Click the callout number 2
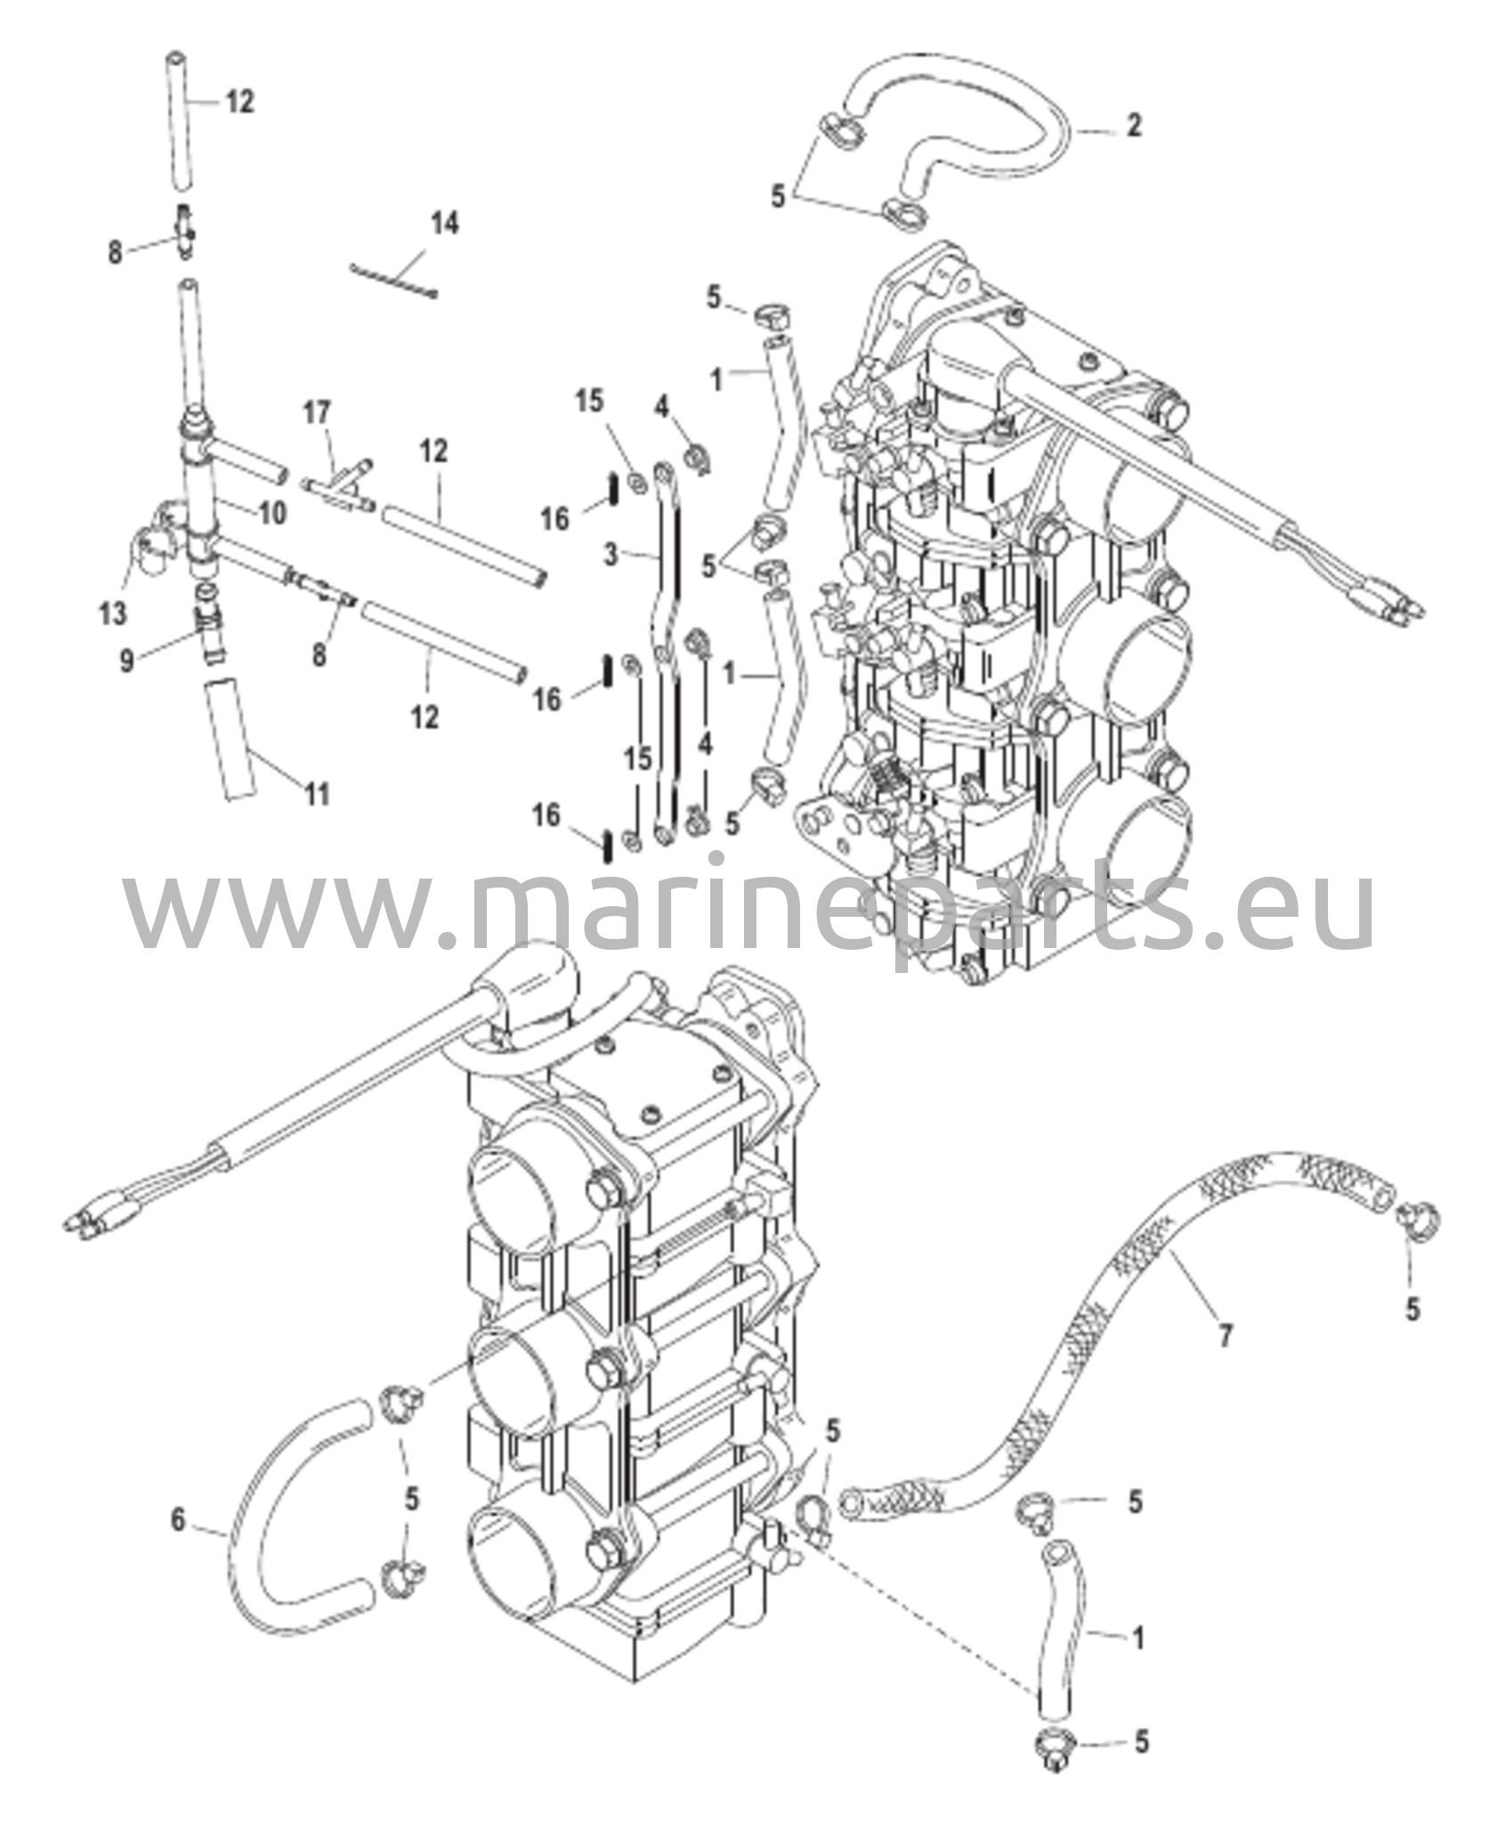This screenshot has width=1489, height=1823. pos(1133,126)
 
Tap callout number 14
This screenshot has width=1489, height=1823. pos(444,223)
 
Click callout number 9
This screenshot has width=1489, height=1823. pos(127,660)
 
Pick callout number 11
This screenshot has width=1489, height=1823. pos(317,793)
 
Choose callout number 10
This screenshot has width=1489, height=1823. pos(273,514)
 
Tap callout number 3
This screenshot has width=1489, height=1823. pos(610,555)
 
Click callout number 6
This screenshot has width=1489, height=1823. pos(178,1519)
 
